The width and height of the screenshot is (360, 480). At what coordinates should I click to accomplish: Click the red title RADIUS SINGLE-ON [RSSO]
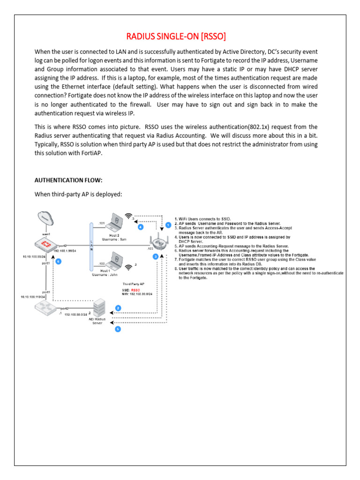tap(180, 37)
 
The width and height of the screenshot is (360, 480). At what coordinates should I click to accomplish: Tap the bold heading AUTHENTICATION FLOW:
tap(68, 180)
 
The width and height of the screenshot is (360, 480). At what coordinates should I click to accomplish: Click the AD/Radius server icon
tap(98, 307)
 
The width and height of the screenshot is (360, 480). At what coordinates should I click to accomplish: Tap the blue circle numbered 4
tap(140, 227)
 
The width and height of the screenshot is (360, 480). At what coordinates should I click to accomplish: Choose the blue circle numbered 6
tap(58, 262)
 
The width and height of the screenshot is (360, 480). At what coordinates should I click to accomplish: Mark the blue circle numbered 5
tap(118, 329)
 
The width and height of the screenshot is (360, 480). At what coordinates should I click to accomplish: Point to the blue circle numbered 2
tap(118, 308)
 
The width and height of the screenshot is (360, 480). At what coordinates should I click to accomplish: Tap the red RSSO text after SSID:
tap(136, 290)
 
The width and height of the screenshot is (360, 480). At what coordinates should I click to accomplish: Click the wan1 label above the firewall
tap(45, 233)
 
